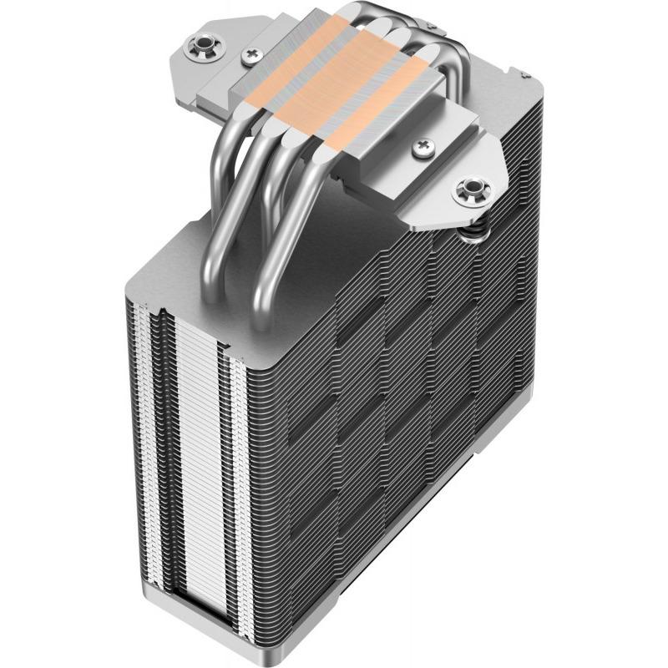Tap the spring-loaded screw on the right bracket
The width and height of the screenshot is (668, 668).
tap(469, 189)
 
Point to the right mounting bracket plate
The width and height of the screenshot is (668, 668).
tap(468, 175)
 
